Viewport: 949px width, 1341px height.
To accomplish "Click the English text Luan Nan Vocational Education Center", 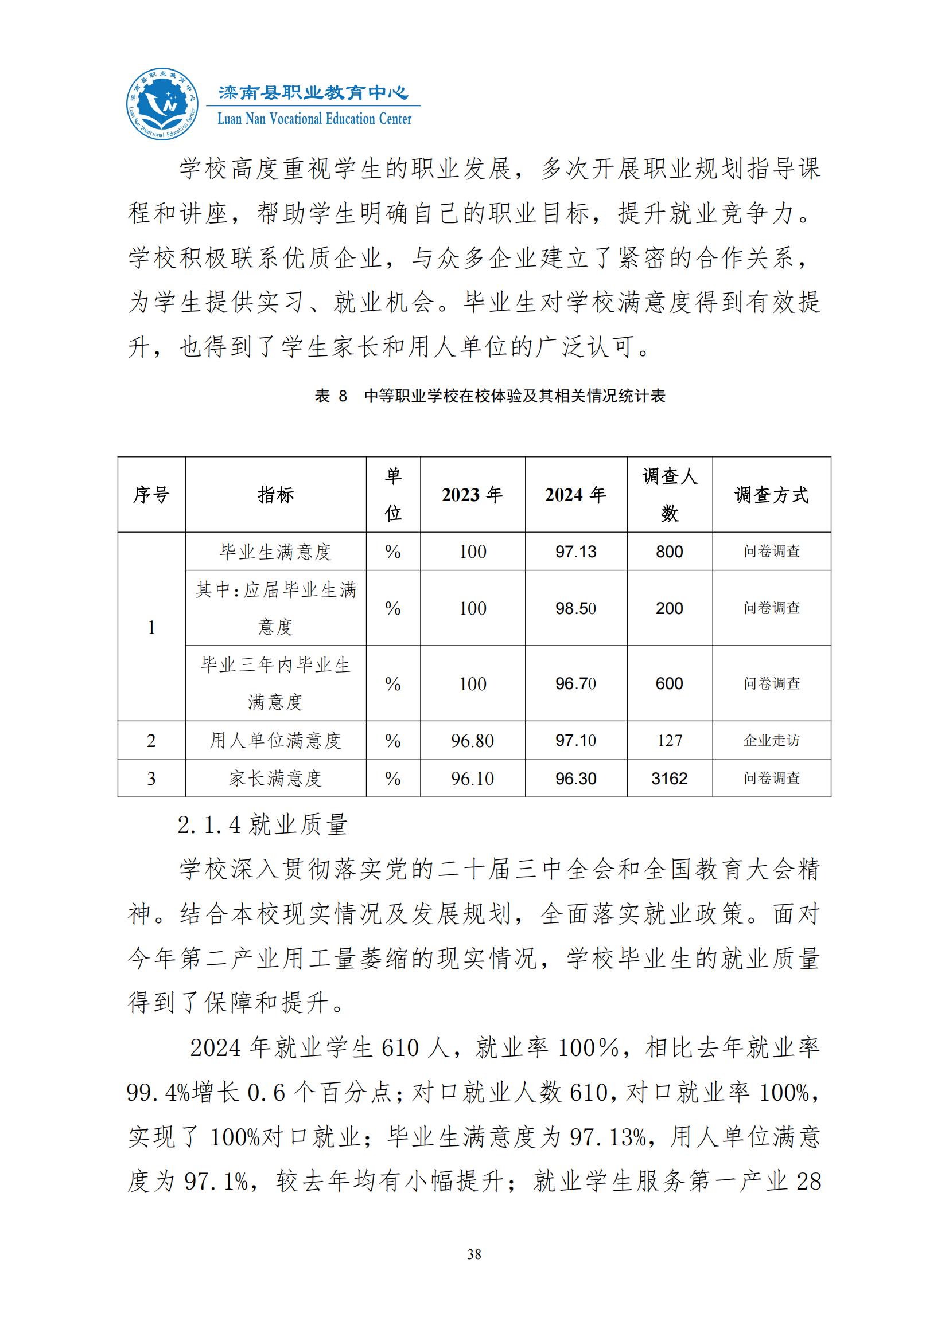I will [x=314, y=119].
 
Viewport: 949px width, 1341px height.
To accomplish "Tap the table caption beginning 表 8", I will [x=490, y=396].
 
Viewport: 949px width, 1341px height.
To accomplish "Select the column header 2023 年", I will [x=472, y=495].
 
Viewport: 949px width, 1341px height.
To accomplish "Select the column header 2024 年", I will [x=575, y=495].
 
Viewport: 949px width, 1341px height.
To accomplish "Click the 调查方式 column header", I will [x=771, y=495].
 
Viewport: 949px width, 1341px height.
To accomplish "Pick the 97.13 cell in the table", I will [x=575, y=552].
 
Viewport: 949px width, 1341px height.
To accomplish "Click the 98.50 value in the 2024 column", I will [x=575, y=608].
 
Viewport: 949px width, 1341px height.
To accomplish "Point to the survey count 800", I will [x=669, y=552].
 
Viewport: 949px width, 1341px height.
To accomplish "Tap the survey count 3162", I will [x=669, y=779].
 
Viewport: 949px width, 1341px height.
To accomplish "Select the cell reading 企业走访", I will [x=771, y=741].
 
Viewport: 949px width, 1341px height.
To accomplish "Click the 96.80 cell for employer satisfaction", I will [x=472, y=741].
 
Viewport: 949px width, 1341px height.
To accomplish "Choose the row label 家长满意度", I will [x=275, y=779].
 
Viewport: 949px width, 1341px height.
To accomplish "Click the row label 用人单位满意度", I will [x=275, y=741].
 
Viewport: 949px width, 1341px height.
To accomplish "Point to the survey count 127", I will [x=669, y=741].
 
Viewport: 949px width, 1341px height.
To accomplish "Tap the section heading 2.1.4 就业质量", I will [x=263, y=825].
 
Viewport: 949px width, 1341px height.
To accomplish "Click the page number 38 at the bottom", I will [x=474, y=1254].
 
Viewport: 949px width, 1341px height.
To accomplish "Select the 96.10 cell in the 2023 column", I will [x=472, y=779].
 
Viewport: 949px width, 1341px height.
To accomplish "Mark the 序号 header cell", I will [x=151, y=495].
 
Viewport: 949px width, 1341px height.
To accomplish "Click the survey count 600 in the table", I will [x=669, y=683].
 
